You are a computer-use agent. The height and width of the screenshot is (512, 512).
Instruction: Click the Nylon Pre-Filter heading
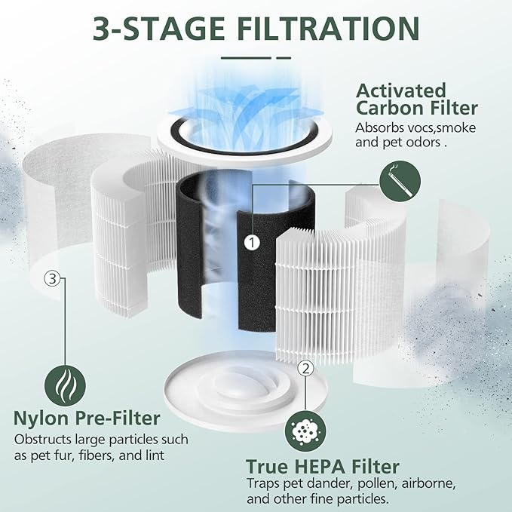tap(87, 418)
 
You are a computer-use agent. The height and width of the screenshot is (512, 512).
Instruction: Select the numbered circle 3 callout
tap(51, 279)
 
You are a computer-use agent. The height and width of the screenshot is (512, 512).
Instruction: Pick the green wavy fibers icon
tap(64, 385)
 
